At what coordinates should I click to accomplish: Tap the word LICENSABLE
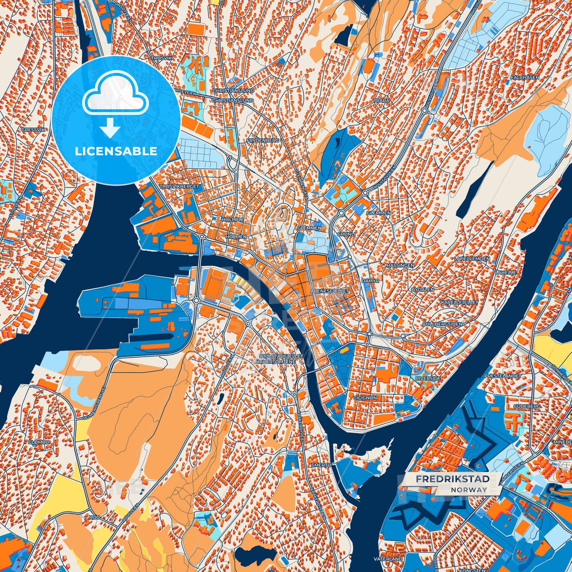[x=116, y=151]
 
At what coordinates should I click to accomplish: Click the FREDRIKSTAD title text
[x=452, y=479]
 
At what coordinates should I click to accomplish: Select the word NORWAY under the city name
[x=469, y=490]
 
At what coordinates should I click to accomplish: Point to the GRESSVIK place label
[x=34, y=130]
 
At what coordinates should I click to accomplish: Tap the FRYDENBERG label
[x=262, y=141]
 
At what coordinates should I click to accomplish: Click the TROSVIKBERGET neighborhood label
[x=179, y=186]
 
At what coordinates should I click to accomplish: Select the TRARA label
[x=382, y=101]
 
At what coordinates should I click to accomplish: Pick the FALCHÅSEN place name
[x=524, y=78]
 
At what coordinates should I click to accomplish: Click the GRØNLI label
[x=346, y=234]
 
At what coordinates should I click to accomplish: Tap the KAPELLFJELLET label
[x=460, y=302]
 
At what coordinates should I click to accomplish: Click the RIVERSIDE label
[x=428, y=378]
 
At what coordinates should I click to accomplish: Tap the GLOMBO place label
[x=39, y=442]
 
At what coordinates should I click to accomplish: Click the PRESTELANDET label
[x=503, y=376]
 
